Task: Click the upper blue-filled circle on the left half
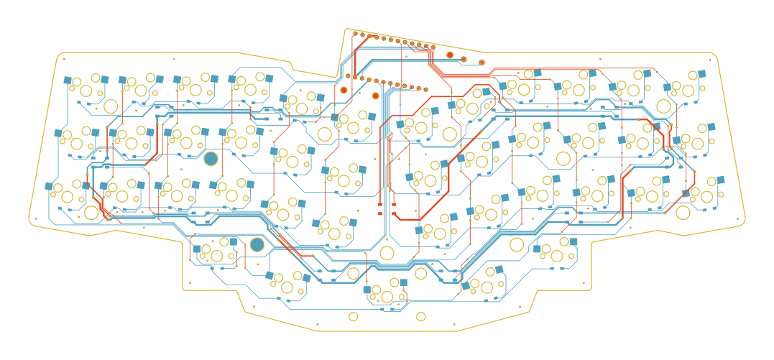tap(211, 158)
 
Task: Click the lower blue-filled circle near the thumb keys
tap(257, 244)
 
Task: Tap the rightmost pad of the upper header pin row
tap(433, 47)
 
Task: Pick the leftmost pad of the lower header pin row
tap(348, 75)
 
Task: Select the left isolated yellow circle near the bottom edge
tap(354, 316)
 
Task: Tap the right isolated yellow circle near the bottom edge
tap(421, 316)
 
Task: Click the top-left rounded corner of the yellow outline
tap(59, 55)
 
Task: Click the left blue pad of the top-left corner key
tap(68, 80)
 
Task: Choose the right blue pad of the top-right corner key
tap(704, 73)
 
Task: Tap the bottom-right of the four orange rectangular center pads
tap(395, 213)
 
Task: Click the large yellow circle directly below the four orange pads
tap(387, 253)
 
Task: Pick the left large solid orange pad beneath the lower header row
tap(344, 90)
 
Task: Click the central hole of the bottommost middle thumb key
tap(387, 297)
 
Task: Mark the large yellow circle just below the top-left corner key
tap(111, 106)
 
